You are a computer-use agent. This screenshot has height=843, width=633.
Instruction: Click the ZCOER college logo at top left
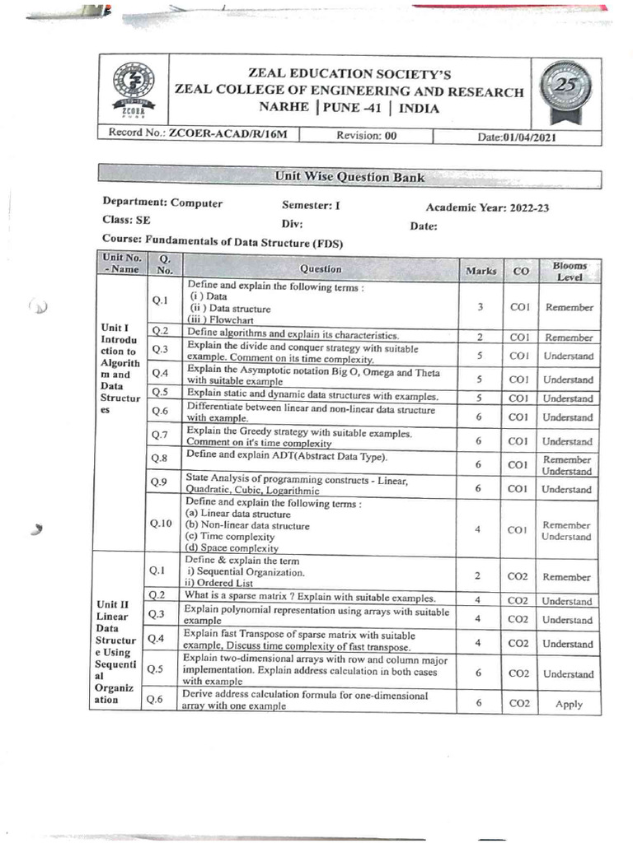pos(132,90)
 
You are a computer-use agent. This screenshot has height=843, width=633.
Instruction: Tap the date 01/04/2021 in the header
pos(517,137)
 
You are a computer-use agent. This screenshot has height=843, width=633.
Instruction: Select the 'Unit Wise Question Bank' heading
pos(350,175)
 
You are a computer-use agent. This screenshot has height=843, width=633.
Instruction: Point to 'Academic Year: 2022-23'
pos(487,207)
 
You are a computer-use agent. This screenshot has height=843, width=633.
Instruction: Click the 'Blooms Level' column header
pos(570,271)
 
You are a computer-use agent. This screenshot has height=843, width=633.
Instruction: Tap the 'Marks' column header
pos(481,270)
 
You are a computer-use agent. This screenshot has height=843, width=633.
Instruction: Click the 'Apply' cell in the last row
pos(569,704)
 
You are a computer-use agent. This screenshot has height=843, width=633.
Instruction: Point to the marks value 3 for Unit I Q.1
pos(480,307)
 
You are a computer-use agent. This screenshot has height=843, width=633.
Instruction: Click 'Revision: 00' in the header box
pos(367,136)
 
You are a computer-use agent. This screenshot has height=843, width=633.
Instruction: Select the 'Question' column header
pos(321,269)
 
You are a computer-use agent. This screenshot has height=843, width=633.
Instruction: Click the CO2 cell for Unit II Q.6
pos(518,703)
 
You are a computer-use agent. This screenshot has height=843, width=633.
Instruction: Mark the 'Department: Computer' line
pos(162,203)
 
